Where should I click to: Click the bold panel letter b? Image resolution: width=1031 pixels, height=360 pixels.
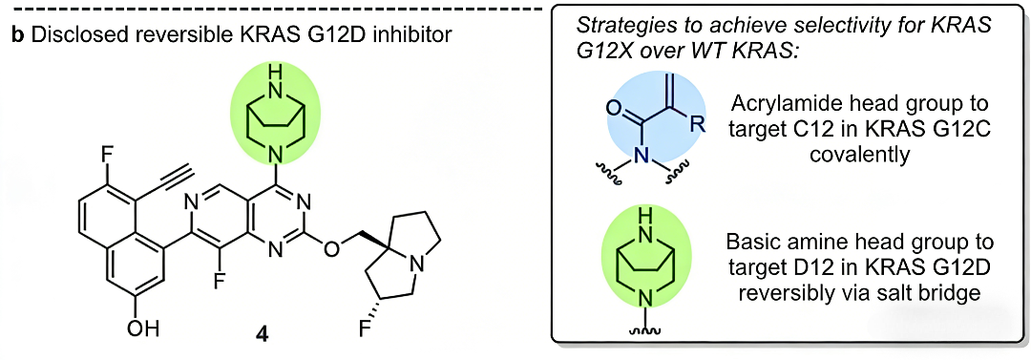pyautogui.click(x=18, y=34)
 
